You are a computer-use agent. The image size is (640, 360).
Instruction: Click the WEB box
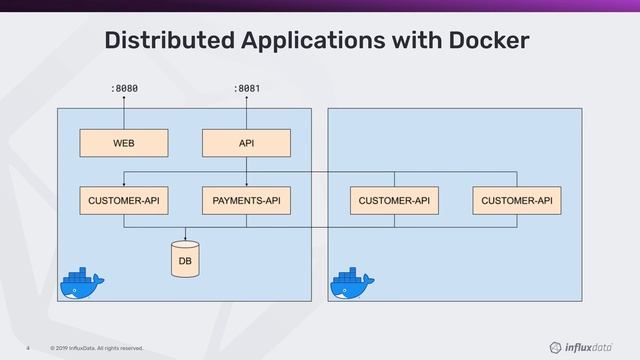[x=124, y=143]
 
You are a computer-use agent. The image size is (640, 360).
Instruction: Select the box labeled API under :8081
[x=246, y=143]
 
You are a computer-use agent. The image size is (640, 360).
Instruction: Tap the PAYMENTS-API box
[x=246, y=201]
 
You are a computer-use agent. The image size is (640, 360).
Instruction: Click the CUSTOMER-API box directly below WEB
[x=124, y=201]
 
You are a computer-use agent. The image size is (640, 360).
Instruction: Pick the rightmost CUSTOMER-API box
[x=516, y=201]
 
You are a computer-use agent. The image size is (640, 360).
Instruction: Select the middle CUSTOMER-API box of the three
[x=394, y=201]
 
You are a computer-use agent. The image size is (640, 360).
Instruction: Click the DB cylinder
[x=185, y=258]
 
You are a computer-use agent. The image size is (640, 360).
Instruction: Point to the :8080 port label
[x=124, y=89]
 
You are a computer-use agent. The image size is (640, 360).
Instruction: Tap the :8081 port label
[x=247, y=89]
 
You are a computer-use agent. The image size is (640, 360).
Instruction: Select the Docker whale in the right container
[x=352, y=284]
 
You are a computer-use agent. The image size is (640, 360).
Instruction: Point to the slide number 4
[x=30, y=348]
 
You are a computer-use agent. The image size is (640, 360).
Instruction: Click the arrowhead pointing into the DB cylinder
[x=185, y=238]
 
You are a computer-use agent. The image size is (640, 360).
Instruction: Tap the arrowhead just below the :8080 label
[x=124, y=101]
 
